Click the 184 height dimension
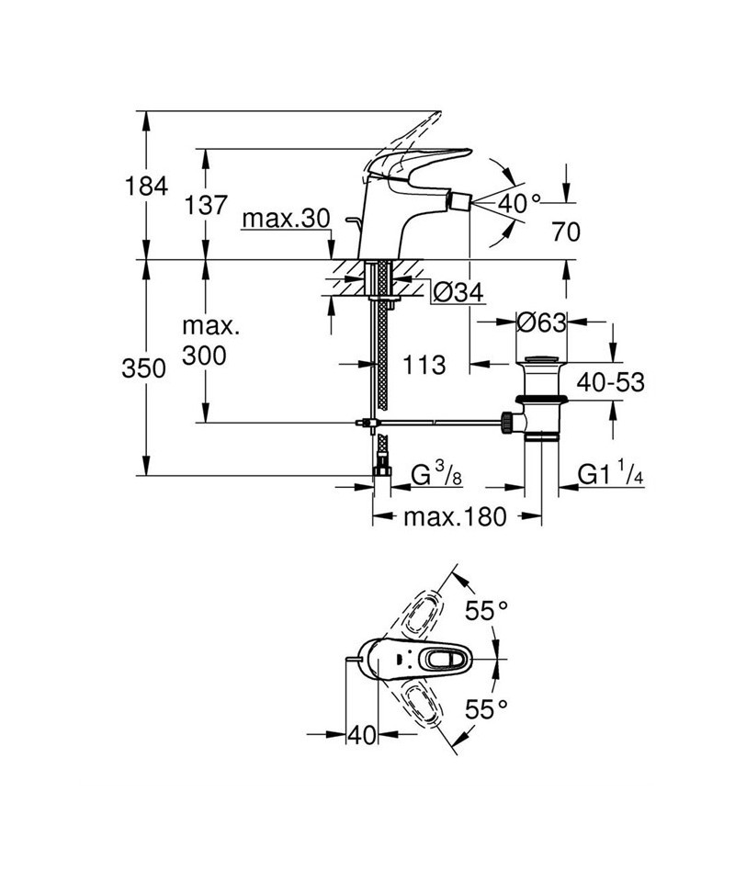[x=147, y=187]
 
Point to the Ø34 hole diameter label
[x=457, y=292]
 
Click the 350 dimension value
[x=147, y=369]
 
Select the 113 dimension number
[x=423, y=365]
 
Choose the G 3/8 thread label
[x=434, y=476]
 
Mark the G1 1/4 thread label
[x=609, y=475]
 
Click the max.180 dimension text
[x=455, y=517]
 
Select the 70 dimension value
[x=567, y=232]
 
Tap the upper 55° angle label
[x=486, y=610]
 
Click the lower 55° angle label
[x=486, y=708]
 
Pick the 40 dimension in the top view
[x=364, y=735]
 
